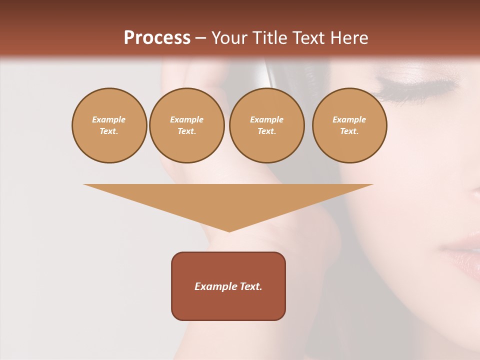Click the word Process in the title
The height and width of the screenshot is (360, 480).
point(157,38)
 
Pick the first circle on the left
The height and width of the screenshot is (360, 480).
point(109,125)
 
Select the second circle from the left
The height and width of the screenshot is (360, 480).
point(186,125)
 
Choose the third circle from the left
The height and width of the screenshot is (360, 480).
point(266,125)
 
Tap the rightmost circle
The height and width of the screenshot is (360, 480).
point(349,125)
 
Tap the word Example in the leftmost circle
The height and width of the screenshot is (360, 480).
point(109,120)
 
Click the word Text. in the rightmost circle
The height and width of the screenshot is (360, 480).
point(349,131)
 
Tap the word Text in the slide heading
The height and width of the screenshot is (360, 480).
point(309,38)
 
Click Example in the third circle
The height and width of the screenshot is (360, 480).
point(266,120)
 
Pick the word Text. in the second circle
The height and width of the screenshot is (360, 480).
point(186,131)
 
